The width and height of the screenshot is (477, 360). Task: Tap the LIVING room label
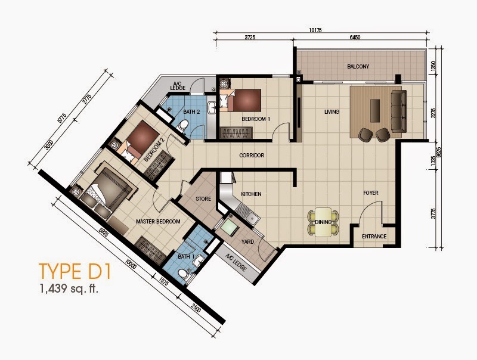[332, 111]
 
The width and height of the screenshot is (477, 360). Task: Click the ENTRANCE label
[374, 237]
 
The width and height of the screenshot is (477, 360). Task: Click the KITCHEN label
[252, 194]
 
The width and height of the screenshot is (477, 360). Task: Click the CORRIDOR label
[251, 156]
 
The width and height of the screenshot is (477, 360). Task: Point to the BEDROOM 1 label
[256, 119]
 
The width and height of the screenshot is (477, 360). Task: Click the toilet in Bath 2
[184, 125]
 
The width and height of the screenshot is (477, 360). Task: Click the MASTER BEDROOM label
[158, 222]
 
